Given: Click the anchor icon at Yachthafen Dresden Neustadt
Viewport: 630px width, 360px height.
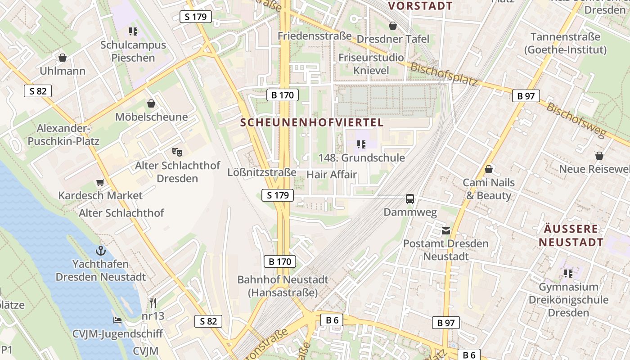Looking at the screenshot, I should pos(100,250).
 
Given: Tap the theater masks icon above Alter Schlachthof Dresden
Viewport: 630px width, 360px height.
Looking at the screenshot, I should pos(177,152).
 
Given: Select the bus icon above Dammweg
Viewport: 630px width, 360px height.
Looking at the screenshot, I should pos(410,198).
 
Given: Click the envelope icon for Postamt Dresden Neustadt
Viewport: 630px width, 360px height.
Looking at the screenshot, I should pos(445,231).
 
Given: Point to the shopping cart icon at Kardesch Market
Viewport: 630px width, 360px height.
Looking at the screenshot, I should pos(100,182).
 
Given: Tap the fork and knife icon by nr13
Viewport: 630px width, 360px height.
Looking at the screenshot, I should pos(153,302).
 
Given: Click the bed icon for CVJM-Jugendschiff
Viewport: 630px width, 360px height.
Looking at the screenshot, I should pos(117,320).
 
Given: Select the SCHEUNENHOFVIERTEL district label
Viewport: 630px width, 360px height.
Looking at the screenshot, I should pos(312,122).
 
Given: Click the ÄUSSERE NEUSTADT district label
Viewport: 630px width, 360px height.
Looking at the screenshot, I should pos(571,235).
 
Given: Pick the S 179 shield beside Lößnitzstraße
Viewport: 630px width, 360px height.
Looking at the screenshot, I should pos(278,195).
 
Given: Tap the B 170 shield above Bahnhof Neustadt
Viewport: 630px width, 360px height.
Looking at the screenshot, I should pos(279,261).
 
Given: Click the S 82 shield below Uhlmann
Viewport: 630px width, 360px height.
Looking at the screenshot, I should pos(38,91).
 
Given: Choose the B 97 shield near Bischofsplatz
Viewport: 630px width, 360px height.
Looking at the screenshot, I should pos(526,95).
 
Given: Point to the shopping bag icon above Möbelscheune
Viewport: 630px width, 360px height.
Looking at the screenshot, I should pos(151,103).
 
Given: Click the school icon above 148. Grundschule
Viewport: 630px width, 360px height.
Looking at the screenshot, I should pos(361,144).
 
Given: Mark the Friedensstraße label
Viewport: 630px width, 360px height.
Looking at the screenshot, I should pos(314,36).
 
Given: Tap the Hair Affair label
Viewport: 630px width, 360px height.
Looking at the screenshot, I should pos(332,175).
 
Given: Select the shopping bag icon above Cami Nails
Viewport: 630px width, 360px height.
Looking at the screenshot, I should pos(488,169).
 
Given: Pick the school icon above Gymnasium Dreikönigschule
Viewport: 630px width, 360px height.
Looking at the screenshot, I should pos(568,273).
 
